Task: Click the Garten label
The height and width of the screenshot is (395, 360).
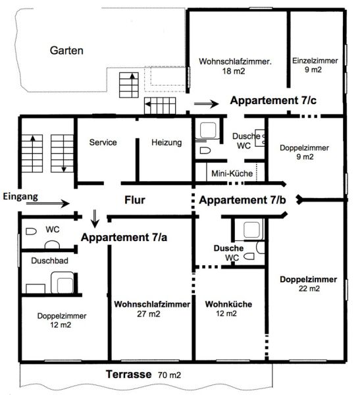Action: coord(66,51)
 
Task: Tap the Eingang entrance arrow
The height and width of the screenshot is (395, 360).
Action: coord(48,203)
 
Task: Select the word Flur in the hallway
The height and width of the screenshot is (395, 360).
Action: coord(135,200)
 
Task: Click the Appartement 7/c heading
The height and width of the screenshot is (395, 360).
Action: coord(273,101)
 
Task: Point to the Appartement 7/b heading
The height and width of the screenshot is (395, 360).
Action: coord(242,200)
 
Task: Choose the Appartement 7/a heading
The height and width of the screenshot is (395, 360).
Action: coord(124,237)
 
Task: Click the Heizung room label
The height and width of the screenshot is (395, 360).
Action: coord(167,143)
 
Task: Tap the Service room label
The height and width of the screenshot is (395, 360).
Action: coord(103,142)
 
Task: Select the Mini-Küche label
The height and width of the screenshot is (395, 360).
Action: coord(232,173)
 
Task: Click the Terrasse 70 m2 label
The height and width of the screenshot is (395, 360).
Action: coord(143,375)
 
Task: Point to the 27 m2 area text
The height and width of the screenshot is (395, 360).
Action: coord(149,314)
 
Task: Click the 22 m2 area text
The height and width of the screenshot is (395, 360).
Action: coord(309,288)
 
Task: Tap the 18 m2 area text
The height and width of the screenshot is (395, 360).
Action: coord(233,71)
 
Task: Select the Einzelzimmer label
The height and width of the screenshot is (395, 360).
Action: coord(315,61)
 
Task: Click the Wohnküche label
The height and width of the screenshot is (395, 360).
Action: coord(228,304)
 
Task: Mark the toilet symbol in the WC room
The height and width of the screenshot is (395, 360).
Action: coord(31,231)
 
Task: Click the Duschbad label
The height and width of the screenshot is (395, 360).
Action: coord(49,261)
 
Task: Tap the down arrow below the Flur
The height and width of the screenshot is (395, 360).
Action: coord(95,219)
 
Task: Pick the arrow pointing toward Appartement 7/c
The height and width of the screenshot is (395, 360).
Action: coord(206,103)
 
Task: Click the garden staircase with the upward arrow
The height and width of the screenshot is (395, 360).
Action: coord(129,85)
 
